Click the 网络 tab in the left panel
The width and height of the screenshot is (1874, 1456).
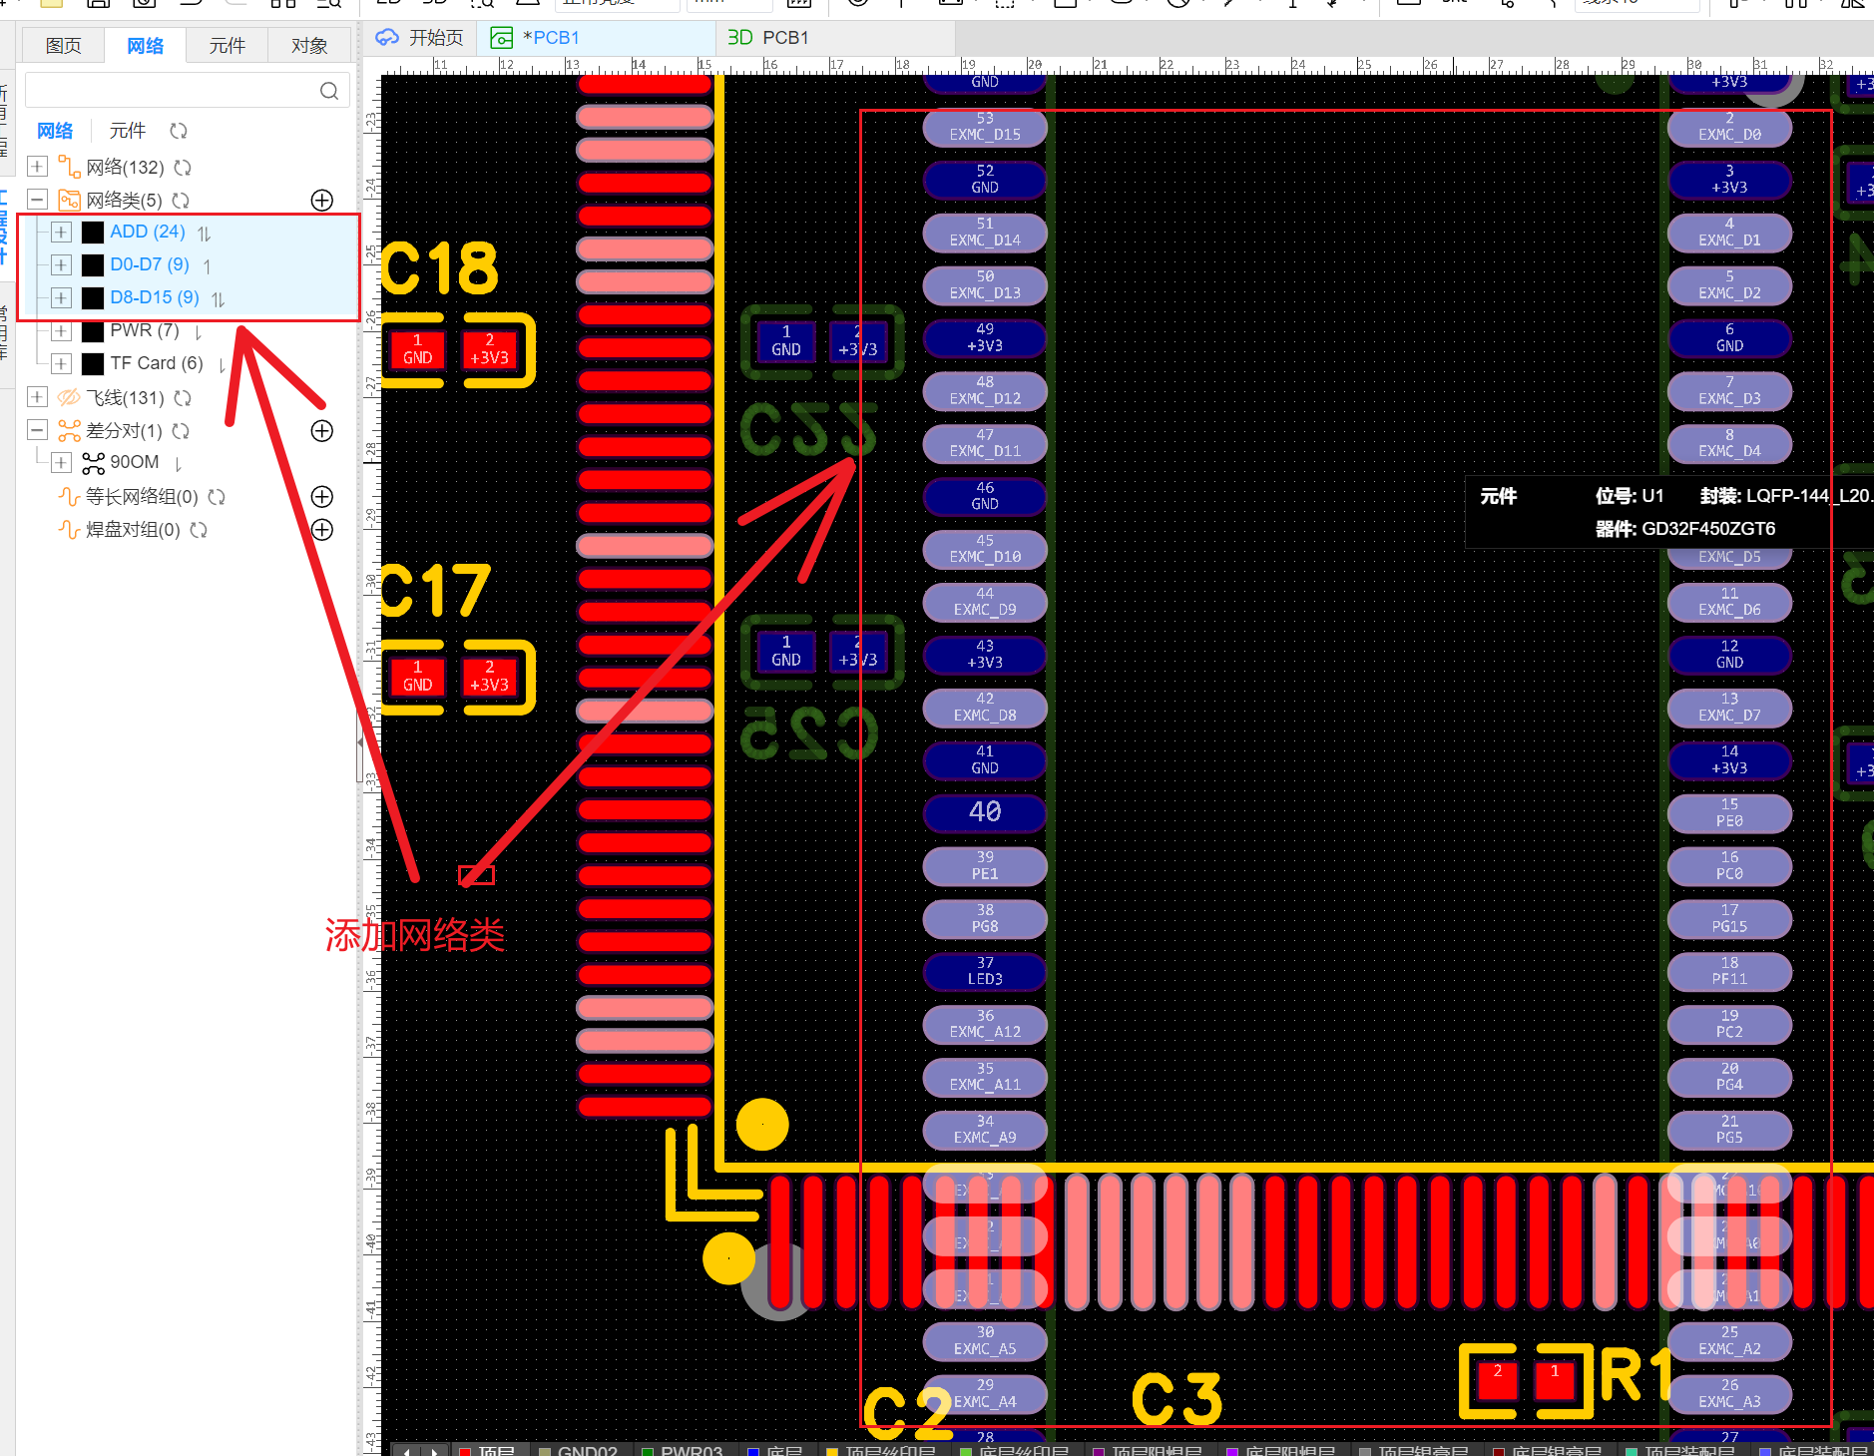[145, 46]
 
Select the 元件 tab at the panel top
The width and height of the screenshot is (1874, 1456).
[227, 46]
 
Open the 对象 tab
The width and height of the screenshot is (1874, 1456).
[309, 46]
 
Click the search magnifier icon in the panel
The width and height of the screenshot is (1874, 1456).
[328, 92]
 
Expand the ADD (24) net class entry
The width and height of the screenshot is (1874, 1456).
[61, 233]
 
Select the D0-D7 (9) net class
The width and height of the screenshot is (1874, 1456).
[149, 264]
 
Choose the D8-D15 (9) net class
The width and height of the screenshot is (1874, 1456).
[154, 297]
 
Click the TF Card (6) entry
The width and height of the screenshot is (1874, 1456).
[156, 363]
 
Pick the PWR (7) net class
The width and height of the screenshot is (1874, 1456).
[144, 330]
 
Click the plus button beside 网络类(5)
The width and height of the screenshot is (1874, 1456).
[321, 201]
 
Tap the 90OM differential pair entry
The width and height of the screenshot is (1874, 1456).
[134, 462]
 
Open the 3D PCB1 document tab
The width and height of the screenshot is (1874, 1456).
[768, 38]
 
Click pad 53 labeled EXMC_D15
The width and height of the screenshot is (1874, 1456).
[985, 127]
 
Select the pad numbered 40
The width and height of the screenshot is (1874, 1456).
[985, 812]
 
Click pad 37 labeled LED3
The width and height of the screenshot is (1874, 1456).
[985, 971]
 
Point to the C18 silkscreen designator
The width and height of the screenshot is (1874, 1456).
[440, 268]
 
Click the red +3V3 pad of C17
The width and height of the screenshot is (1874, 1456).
[489, 677]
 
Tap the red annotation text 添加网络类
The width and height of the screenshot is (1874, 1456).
[414, 935]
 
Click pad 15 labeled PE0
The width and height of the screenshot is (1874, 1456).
[1729, 813]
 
